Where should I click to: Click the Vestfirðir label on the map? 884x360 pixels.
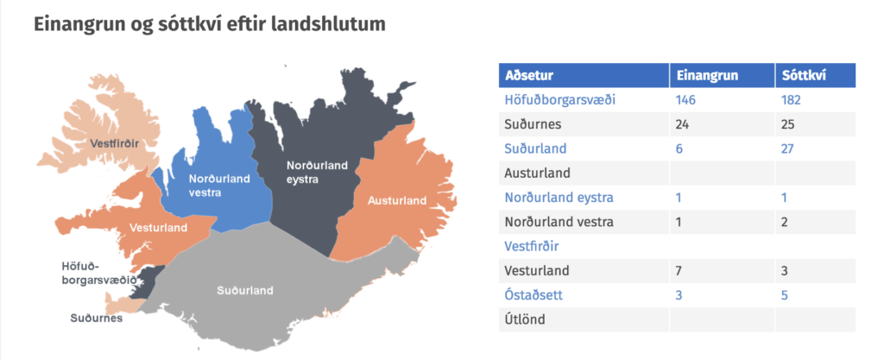(x=115, y=143)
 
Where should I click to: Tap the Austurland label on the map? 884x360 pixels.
(x=397, y=200)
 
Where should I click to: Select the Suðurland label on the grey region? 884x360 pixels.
(x=245, y=291)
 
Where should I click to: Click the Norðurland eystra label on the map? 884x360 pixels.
(x=318, y=173)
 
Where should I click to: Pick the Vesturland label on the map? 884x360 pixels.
(x=158, y=228)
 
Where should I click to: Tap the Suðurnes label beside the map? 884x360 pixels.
(x=97, y=319)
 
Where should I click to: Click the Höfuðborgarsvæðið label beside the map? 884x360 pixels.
(x=98, y=273)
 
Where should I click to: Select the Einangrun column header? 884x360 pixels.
(x=707, y=75)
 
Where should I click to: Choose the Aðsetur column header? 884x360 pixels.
(x=529, y=75)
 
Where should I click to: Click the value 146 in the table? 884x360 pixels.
(x=686, y=100)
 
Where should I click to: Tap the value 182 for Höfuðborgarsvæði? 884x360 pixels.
(x=791, y=100)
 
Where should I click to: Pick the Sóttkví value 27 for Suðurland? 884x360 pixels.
(x=788, y=149)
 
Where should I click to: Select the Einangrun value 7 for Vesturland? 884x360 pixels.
(x=679, y=270)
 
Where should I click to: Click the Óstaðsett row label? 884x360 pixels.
(x=534, y=294)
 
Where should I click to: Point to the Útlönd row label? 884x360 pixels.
(x=526, y=319)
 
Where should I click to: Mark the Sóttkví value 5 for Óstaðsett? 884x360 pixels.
(x=785, y=294)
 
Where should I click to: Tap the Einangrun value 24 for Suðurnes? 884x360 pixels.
(x=683, y=124)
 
